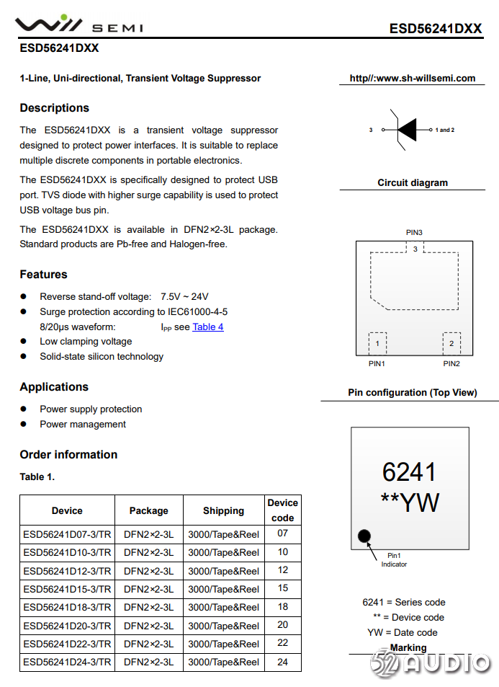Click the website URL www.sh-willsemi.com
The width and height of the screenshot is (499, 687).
[412, 78]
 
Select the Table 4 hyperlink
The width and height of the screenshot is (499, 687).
[208, 327]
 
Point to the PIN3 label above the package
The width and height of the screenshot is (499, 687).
[414, 232]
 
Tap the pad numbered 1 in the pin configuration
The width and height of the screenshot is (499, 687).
[377, 344]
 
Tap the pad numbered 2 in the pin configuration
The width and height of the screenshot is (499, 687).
[451, 344]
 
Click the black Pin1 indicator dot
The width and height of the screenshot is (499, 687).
[364, 536]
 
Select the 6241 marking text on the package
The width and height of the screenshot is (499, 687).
[409, 472]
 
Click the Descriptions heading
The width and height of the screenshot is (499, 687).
[55, 108]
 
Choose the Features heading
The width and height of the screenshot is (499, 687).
[43, 275]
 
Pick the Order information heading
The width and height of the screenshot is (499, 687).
[68, 455]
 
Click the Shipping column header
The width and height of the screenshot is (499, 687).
[223, 510]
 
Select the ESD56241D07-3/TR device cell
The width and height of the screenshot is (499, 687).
[67, 534]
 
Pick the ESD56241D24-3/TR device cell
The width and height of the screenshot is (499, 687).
[67, 662]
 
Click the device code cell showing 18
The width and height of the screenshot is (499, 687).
[282, 607]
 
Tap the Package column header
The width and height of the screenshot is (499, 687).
[148, 510]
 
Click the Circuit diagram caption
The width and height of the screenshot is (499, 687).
[413, 183]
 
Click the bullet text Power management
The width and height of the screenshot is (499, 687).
[83, 425]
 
